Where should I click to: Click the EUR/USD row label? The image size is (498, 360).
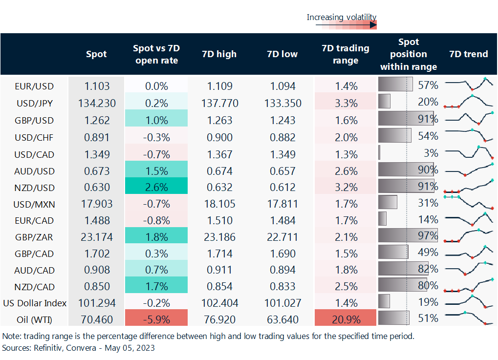tap(34, 86)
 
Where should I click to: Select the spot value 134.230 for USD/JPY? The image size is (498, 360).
tap(96, 103)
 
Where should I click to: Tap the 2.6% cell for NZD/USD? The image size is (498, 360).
tap(156, 187)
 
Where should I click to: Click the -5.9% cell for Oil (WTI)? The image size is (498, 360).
tap(156, 320)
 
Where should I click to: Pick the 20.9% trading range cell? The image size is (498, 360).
tap(346, 320)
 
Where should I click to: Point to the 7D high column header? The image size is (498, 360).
tap(219, 54)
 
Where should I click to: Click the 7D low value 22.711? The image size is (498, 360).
tap(283, 237)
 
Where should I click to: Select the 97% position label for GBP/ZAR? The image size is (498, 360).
tap(429, 236)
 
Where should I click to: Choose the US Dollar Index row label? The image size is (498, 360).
tap(34, 303)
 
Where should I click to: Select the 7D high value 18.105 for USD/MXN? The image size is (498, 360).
tap(219, 204)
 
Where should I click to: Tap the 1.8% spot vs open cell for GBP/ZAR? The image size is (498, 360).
tap(156, 237)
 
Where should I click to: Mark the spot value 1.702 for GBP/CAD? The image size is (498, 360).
tap(96, 254)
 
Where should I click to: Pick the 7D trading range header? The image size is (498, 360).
tap(346, 54)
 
